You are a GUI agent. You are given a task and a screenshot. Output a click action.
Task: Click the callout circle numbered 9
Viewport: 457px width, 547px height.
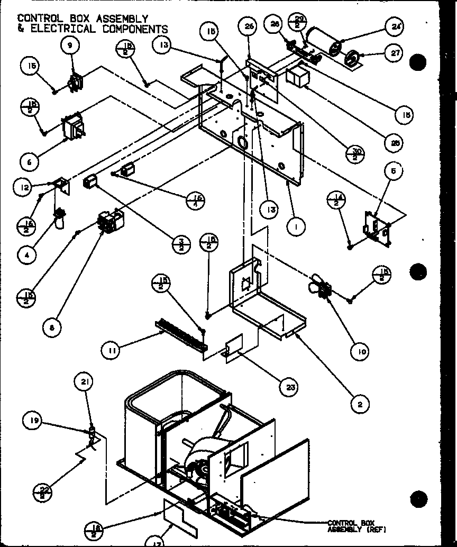[x=69, y=46]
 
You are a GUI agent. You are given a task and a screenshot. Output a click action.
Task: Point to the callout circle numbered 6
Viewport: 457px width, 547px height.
[x=30, y=161]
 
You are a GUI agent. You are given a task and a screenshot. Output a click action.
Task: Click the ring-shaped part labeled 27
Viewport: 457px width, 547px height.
[x=352, y=58]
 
